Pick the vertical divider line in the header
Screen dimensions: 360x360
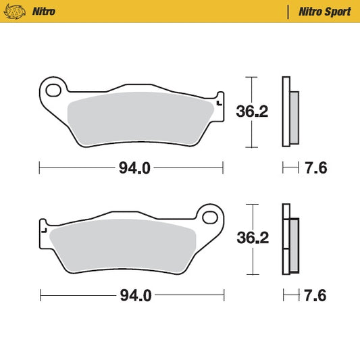(290, 11)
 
